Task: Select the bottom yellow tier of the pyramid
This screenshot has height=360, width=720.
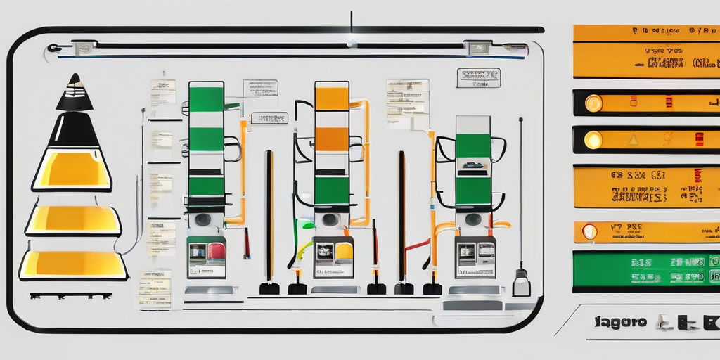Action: tap(73, 264)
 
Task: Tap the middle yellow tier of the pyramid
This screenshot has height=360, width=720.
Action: tap(73, 220)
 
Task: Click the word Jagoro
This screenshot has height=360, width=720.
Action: tap(620, 323)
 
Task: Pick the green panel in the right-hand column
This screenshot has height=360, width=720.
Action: tap(645, 270)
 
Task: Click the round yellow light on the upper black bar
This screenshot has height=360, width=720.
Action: tap(593, 103)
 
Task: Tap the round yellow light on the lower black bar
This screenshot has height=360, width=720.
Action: tap(593, 139)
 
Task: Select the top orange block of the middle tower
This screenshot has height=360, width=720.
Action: tap(332, 98)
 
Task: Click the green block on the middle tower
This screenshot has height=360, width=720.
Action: tap(332, 190)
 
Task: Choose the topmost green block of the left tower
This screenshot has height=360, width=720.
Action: tap(206, 98)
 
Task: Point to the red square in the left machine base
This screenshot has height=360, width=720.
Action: tap(217, 251)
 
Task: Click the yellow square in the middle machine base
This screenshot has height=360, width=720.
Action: tap(344, 251)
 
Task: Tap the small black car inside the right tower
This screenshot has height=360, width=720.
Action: tap(472, 166)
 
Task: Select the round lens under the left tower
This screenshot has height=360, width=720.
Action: tap(203, 219)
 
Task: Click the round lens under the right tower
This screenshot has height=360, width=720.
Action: tap(472, 219)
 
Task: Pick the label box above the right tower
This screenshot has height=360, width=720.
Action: tap(478, 77)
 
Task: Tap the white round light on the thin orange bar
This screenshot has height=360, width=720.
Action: tap(589, 231)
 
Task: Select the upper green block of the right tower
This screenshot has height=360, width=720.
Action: tap(473, 145)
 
